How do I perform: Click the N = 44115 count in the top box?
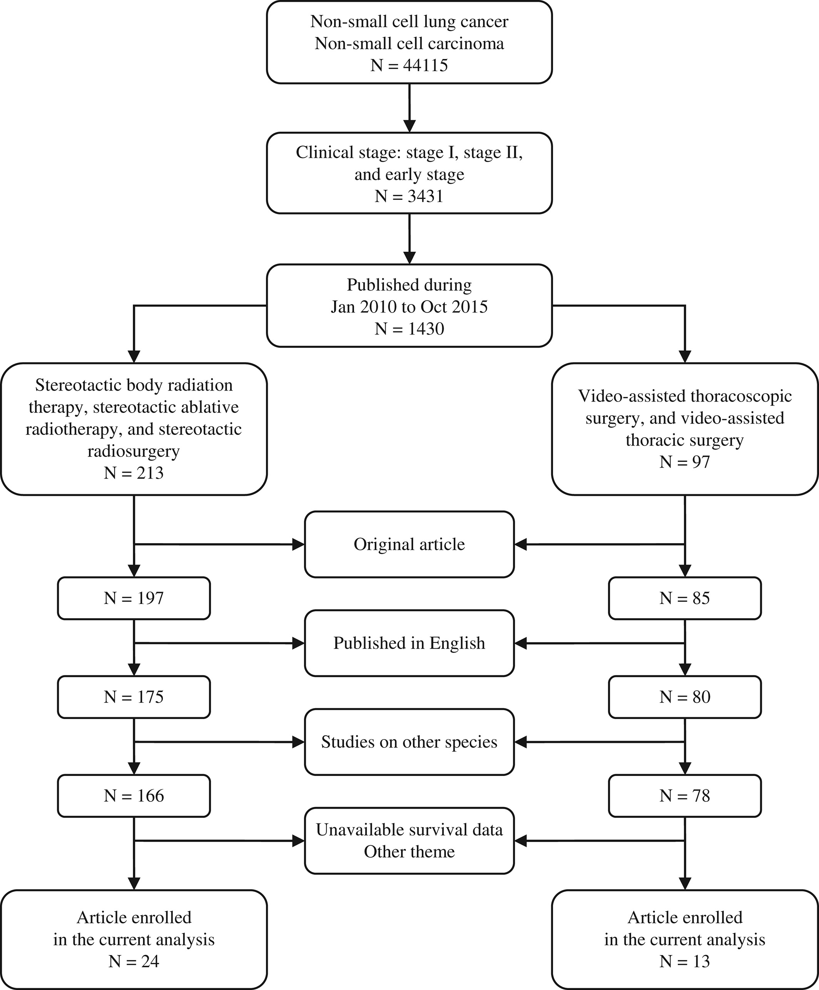(x=409, y=65)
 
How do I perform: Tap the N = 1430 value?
(x=409, y=329)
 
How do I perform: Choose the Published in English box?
(x=409, y=643)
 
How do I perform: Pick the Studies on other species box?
(x=409, y=742)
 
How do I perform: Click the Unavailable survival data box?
(x=409, y=841)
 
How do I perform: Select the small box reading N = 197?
(x=134, y=598)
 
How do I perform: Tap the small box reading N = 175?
(x=134, y=697)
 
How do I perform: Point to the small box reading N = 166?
(x=134, y=796)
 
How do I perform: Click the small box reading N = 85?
(x=685, y=598)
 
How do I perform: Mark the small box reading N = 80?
(x=685, y=697)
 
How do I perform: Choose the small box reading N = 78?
(x=685, y=796)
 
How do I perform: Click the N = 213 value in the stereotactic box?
(x=134, y=472)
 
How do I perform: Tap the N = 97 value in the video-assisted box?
(x=685, y=462)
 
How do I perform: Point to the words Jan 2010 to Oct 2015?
(x=409, y=307)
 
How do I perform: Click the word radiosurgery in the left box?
(x=134, y=451)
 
